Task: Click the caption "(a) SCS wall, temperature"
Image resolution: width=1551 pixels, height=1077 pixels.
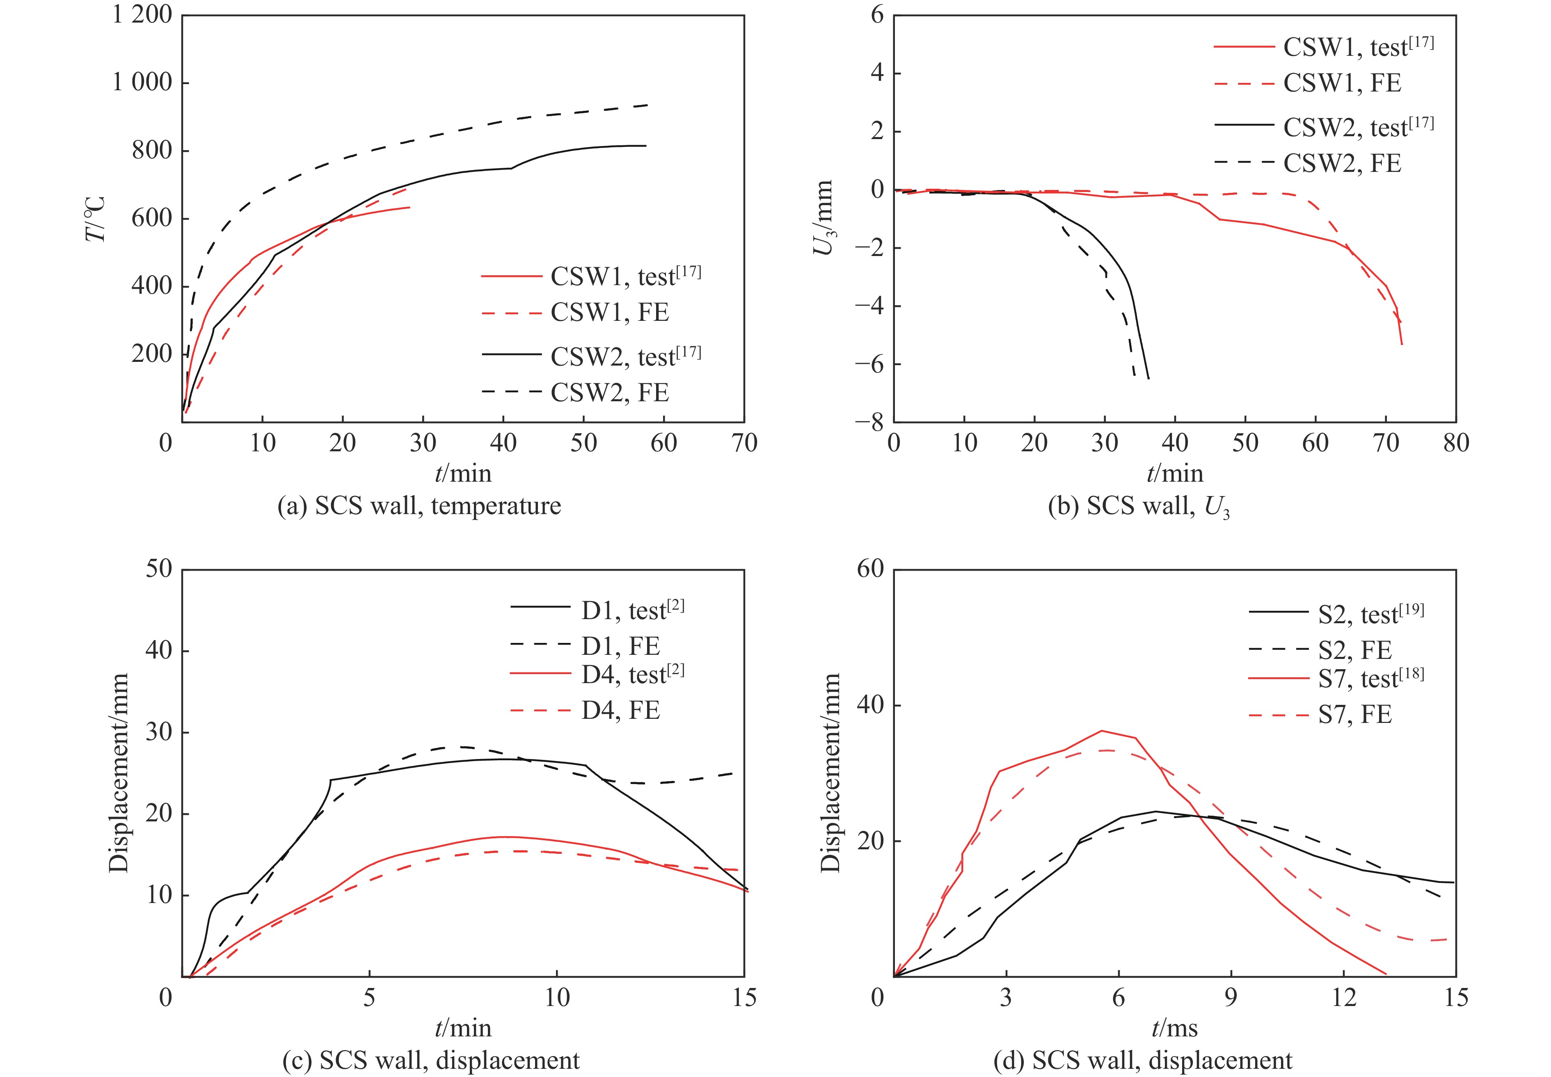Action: [x=419, y=505]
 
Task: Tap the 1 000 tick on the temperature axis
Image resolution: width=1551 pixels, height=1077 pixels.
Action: [x=142, y=82]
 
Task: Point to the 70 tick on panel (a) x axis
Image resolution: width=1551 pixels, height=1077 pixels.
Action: [x=744, y=444]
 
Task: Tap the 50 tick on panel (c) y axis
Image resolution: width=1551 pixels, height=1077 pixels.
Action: [x=159, y=569]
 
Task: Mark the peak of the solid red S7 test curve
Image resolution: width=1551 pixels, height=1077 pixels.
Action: [x=1101, y=731]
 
